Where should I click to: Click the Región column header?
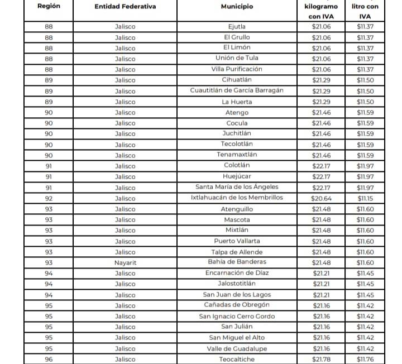49,7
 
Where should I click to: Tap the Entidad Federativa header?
125,7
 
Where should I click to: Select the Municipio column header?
237,7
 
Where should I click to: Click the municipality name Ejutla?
237,27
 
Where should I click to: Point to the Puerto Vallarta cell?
237,241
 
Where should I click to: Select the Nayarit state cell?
125,262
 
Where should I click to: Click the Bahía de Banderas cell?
237,262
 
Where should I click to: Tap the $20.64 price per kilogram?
321,198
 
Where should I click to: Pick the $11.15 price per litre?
366,198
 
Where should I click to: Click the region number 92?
49,198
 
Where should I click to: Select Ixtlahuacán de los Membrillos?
237,198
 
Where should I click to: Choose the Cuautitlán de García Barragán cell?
237,91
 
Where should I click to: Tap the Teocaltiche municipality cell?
237,359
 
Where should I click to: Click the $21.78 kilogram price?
321,359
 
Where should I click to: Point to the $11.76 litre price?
366,359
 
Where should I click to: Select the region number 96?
49,359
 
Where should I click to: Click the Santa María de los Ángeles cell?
237,187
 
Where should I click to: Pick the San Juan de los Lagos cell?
237,294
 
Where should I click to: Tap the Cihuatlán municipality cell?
237,80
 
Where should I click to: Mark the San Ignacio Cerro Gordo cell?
237,316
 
